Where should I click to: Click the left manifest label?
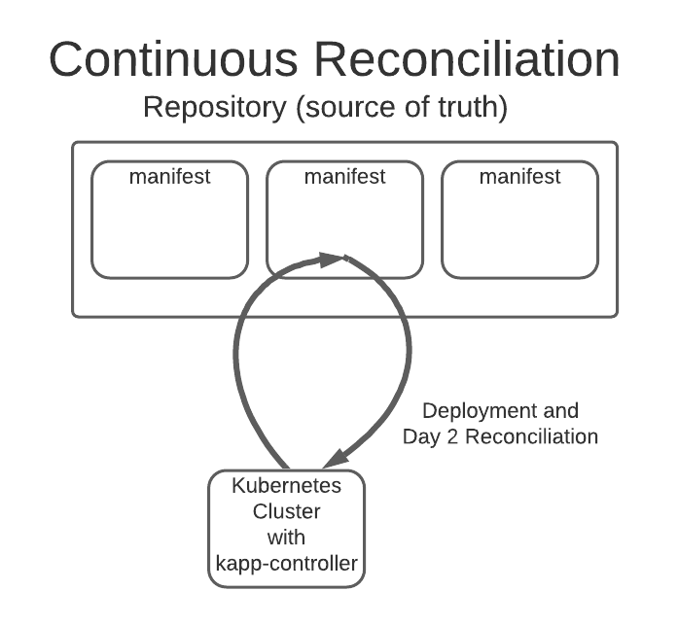point(170,177)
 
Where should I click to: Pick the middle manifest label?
point(344,177)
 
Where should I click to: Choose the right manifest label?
point(519,177)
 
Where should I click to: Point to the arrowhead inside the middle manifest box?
point(334,258)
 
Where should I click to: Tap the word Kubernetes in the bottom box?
point(286,486)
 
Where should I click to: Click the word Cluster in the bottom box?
point(286,511)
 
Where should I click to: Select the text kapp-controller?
point(286,561)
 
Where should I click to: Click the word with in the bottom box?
point(286,536)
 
